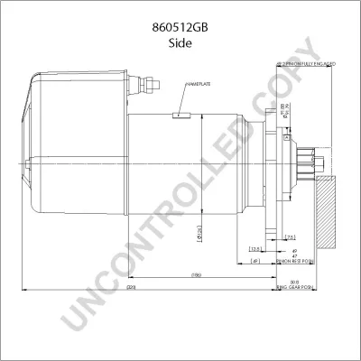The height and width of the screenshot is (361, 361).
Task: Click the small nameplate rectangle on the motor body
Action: tap(180, 115)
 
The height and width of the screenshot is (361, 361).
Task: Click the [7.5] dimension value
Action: tap(290, 237)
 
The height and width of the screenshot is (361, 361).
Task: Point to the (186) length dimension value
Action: tap(195, 273)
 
